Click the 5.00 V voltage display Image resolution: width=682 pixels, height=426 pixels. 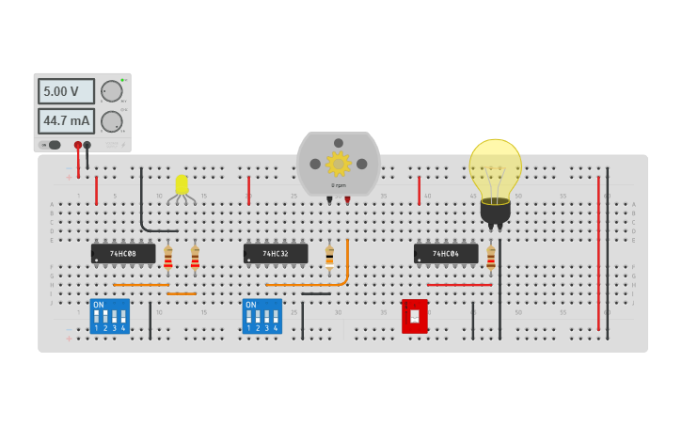(66, 91)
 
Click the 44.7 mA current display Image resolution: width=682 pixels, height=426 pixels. (66, 121)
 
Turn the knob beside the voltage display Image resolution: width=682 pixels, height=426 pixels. (111, 91)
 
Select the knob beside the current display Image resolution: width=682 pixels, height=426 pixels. (111, 121)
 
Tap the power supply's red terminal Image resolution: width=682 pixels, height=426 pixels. (78, 145)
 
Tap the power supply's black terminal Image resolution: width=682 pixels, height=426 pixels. (87, 145)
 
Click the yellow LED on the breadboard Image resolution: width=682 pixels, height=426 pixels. (182, 184)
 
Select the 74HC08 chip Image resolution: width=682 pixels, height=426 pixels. (123, 254)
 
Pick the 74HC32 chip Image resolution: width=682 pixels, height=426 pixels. (276, 254)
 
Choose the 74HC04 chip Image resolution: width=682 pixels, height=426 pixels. (446, 254)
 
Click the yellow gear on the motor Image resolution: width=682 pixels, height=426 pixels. (338, 164)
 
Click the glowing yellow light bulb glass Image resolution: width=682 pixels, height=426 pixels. (495, 168)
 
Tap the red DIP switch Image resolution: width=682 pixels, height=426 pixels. (415, 316)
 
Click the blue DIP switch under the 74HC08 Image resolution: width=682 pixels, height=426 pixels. (109, 316)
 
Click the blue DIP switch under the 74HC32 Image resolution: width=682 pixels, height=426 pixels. (262, 316)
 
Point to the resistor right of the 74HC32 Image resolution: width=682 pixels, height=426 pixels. (329, 256)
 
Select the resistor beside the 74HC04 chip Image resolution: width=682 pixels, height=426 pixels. (491, 258)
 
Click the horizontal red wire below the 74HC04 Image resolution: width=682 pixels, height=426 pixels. (459, 284)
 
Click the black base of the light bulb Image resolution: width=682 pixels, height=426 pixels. (495, 213)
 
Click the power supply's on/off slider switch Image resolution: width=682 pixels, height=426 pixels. (54, 145)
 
